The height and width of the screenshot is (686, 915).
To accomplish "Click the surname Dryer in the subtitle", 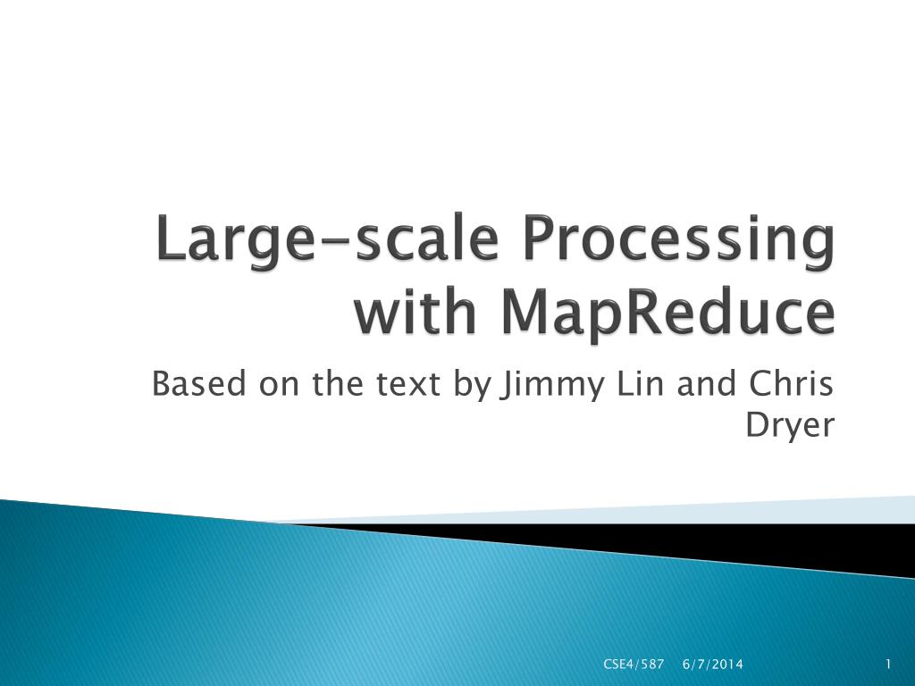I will [790, 428].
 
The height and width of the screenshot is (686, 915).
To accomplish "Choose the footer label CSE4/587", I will [634, 664].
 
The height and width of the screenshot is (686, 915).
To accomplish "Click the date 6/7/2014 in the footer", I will [712, 664].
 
